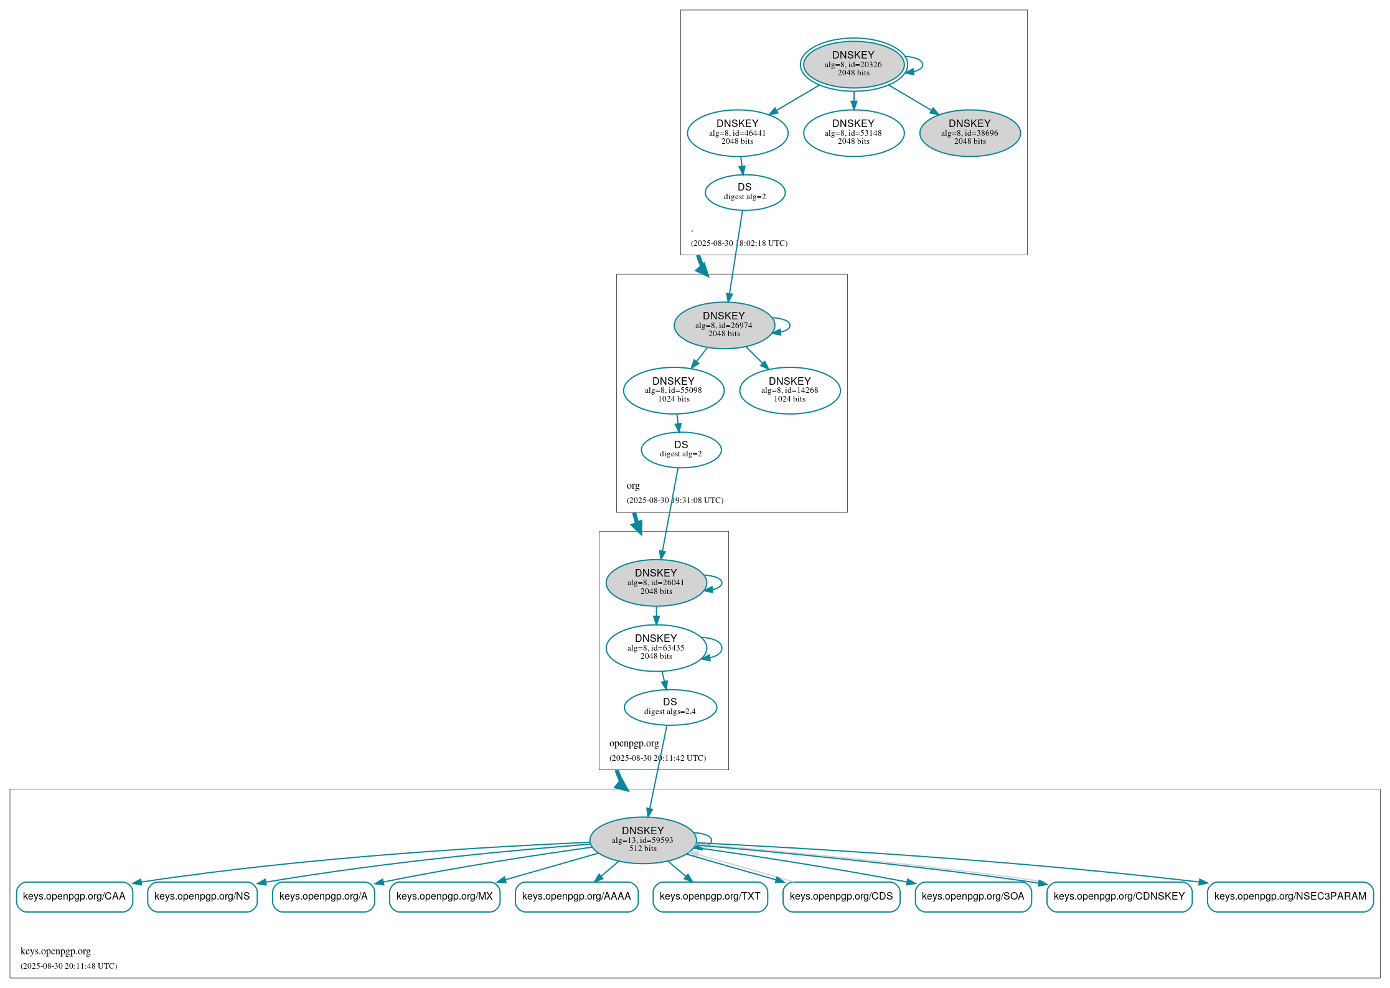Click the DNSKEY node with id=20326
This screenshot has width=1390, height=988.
(x=853, y=64)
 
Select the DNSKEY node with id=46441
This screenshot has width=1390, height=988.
(x=737, y=133)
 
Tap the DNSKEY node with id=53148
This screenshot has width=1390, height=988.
(x=853, y=133)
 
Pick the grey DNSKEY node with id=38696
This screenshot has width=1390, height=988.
(x=969, y=133)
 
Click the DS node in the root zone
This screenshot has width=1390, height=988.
(x=744, y=192)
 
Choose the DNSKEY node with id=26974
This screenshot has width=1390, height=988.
(x=723, y=325)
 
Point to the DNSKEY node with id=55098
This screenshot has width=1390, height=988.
(x=673, y=390)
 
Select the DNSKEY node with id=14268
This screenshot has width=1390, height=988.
(x=789, y=390)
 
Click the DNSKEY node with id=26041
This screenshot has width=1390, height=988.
(x=655, y=582)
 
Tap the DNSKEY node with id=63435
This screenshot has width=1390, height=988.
(x=655, y=647)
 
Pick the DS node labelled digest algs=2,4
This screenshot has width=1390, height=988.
(x=670, y=707)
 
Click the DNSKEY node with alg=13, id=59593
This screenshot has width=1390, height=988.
(x=642, y=840)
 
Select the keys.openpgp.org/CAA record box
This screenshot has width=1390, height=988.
(x=74, y=896)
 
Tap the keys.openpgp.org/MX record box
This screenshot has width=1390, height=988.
(x=444, y=896)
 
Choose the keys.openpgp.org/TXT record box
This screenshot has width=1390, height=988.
(x=710, y=896)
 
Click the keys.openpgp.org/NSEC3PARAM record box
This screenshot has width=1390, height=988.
(x=1290, y=896)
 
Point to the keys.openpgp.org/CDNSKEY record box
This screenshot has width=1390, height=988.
(x=1119, y=896)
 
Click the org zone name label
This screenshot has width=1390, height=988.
(x=633, y=486)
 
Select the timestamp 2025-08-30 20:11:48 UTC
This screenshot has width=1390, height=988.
(x=68, y=966)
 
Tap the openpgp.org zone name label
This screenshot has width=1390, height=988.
(x=634, y=743)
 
